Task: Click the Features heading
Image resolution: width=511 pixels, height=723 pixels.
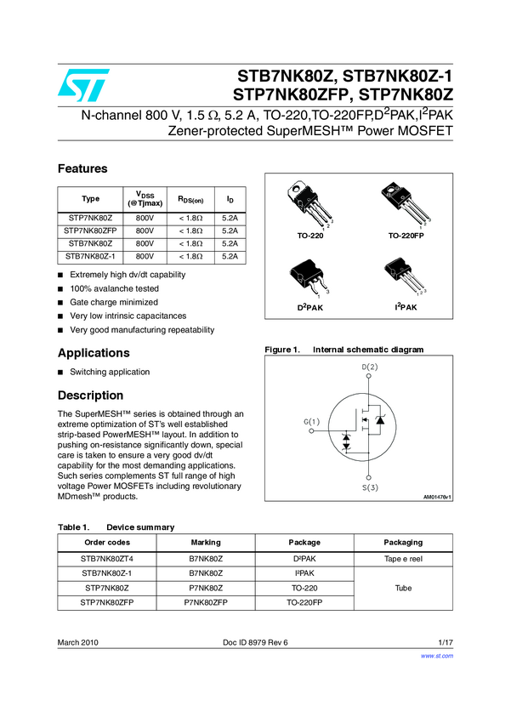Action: tap(82, 168)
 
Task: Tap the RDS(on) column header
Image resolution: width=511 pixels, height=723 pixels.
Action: tap(190, 199)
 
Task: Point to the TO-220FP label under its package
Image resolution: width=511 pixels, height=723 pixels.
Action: tap(406, 235)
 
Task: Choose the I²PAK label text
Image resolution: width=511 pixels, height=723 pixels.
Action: tap(406, 306)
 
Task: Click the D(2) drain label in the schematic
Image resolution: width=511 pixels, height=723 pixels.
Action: tap(370, 367)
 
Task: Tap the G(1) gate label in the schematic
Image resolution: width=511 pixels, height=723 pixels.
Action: tap(311, 422)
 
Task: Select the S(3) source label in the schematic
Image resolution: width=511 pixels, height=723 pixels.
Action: tap(370, 488)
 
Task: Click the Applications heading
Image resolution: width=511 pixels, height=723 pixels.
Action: tap(94, 353)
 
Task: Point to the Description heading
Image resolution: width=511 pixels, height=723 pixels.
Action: tap(90, 396)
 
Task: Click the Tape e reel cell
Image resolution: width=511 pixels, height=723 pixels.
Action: tap(403, 559)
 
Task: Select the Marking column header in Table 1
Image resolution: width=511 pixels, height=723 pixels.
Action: tap(206, 542)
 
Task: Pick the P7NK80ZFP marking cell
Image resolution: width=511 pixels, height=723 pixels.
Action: tap(206, 602)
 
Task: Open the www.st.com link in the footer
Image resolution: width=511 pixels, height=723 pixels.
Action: tap(437, 656)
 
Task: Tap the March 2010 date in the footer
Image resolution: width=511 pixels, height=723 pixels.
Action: tap(80, 642)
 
